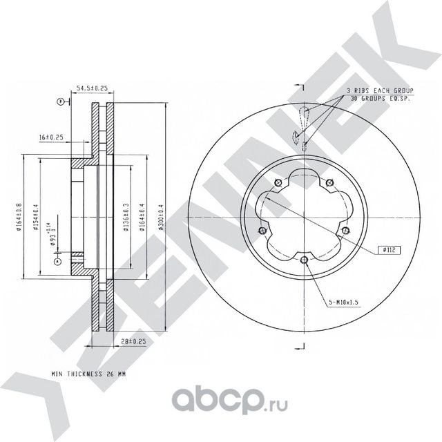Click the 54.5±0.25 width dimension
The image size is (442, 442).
pyautogui.click(x=92, y=88)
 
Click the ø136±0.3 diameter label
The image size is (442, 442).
pyautogui.click(x=126, y=215)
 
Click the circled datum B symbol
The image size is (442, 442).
pyautogui.click(x=61, y=102)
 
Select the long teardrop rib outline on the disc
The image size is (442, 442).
pyautogui.click(x=303, y=117)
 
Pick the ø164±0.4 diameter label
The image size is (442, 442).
pyautogui.click(x=142, y=215)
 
